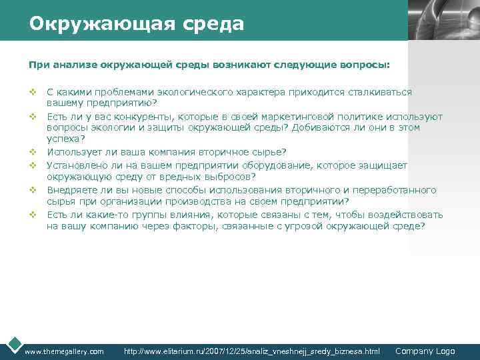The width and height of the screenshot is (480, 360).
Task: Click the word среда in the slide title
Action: [211, 25]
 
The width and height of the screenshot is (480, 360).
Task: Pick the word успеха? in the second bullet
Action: [65, 139]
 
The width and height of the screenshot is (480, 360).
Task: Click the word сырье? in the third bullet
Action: [269, 152]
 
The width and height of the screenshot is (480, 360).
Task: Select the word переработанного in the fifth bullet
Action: [399, 189]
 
